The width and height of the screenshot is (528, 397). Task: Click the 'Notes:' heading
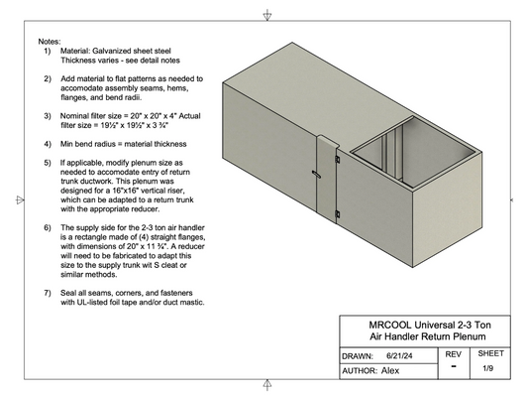50,42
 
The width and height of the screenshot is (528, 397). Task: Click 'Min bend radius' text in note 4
94,144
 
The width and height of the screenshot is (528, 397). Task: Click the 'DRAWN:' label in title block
358,354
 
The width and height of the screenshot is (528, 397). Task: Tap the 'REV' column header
454,353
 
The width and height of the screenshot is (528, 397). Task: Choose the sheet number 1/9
488,368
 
